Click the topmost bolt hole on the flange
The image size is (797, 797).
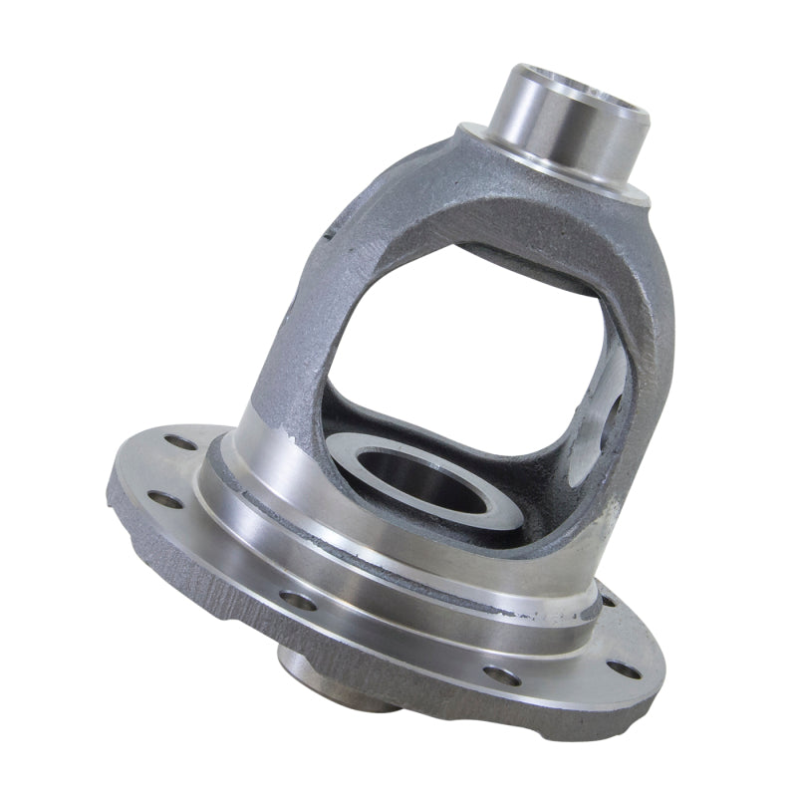(x=180, y=441)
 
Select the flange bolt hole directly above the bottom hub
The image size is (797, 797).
(x=298, y=600)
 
